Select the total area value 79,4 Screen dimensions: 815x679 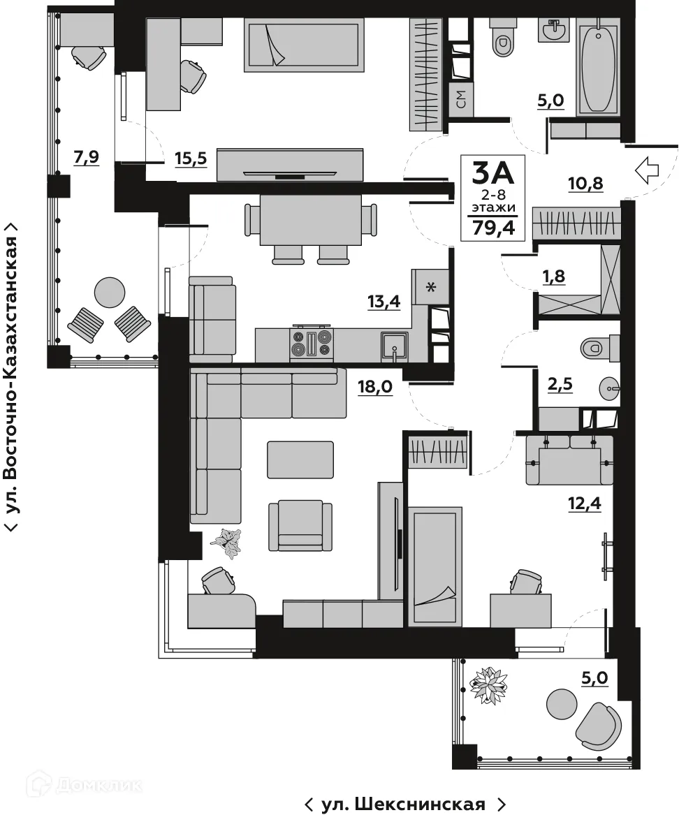(498, 227)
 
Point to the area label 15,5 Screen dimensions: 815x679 (191, 159)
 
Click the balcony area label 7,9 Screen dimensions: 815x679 (86, 158)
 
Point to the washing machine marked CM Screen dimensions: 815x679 (461, 100)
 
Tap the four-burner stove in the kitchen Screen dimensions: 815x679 (312, 344)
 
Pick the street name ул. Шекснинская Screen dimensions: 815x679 (404, 805)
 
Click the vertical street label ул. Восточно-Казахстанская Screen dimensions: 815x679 (12, 377)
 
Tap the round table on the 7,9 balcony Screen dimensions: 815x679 (109, 293)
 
